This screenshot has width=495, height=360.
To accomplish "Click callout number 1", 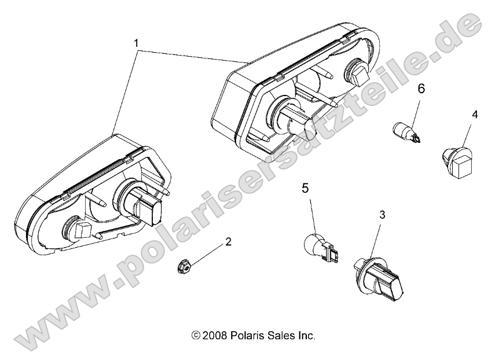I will [x=137, y=42].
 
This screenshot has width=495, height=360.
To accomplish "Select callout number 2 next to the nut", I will [x=212, y=242].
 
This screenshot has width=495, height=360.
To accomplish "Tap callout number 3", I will [x=382, y=215].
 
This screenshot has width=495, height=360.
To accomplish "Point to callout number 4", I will [x=474, y=115].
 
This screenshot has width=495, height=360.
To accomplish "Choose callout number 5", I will [x=305, y=188].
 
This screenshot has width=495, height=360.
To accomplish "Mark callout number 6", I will [x=421, y=89].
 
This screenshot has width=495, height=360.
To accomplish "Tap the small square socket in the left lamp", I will [x=82, y=230].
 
